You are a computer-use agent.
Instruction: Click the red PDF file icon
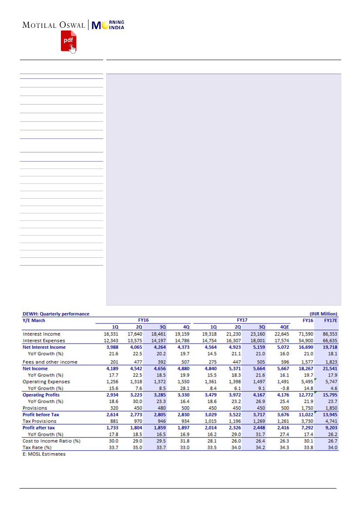click(68, 40)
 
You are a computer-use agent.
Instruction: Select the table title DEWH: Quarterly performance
click(56, 313)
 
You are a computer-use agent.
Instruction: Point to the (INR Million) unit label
click(323, 313)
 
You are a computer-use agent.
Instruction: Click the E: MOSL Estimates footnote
click(44, 454)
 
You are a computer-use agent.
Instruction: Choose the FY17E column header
click(330, 320)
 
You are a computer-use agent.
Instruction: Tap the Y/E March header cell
click(34, 320)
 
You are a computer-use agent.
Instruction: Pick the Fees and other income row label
click(50, 362)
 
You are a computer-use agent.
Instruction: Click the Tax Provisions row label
click(40, 421)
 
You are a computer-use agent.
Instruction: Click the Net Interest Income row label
click(44, 347)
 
